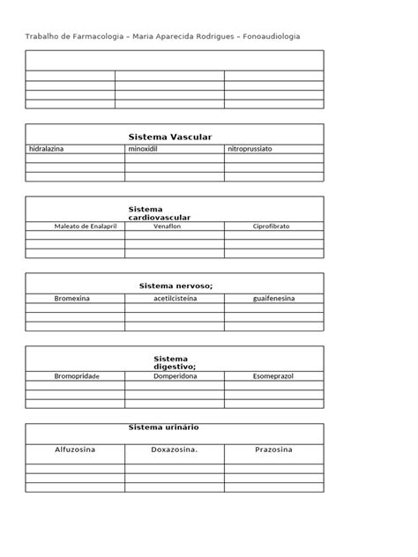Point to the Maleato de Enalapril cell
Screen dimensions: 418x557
click(75, 227)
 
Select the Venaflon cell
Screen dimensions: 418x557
click(174, 227)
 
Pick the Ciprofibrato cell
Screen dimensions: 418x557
click(273, 227)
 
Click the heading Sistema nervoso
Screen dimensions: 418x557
click(176, 286)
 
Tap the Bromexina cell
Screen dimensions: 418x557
click(75, 299)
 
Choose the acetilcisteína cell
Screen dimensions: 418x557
click(175, 299)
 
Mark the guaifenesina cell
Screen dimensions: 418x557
click(273, 299)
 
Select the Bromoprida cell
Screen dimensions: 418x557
click(75, 376)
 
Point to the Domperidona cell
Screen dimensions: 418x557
click(175, 376)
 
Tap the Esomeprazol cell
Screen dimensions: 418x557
click(273, 376)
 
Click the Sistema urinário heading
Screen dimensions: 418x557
click(164, 427)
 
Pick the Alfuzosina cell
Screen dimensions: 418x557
click(75, 450)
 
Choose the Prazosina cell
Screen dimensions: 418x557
click(273, 450)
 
